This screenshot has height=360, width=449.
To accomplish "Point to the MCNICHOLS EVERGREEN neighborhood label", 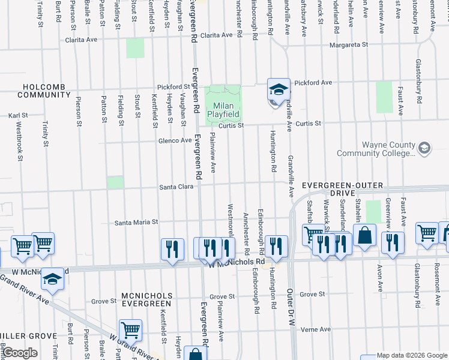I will tap(147, 300).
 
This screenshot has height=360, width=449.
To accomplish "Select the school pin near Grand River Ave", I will tap(52, 280).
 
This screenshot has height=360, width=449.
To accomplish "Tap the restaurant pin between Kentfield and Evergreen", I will tap(172, 249).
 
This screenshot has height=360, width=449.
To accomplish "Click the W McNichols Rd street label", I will tap(237, 262).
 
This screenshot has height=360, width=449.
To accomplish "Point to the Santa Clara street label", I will tap(176, 187).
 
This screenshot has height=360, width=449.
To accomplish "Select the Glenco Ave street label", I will tap(174, 140).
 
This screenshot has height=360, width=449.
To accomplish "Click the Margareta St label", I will tap(348, 45).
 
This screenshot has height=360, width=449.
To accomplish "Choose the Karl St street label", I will tap(18, 115).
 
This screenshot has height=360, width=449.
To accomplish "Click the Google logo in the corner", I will tap(20, 353).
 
